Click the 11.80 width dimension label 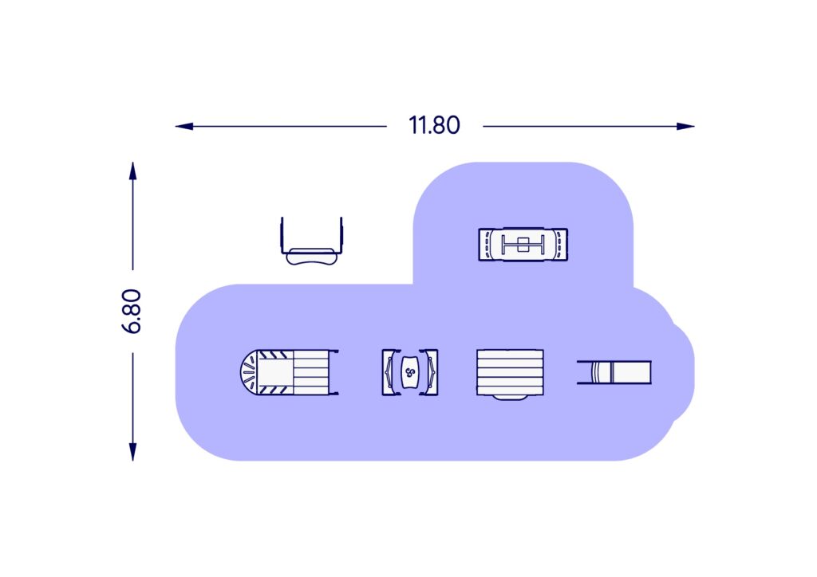click(434, 125)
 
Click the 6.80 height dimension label click(132, 311)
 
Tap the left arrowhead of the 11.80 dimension click(184, 126)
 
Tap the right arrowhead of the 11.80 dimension click(685, 126)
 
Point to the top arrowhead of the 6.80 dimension click(133, 171)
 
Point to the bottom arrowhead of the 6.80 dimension click(133, 452)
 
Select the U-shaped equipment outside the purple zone click(312, 241)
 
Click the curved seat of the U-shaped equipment click(312, 257)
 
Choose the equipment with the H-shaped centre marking click(523, 244)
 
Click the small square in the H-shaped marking click(523, 244)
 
